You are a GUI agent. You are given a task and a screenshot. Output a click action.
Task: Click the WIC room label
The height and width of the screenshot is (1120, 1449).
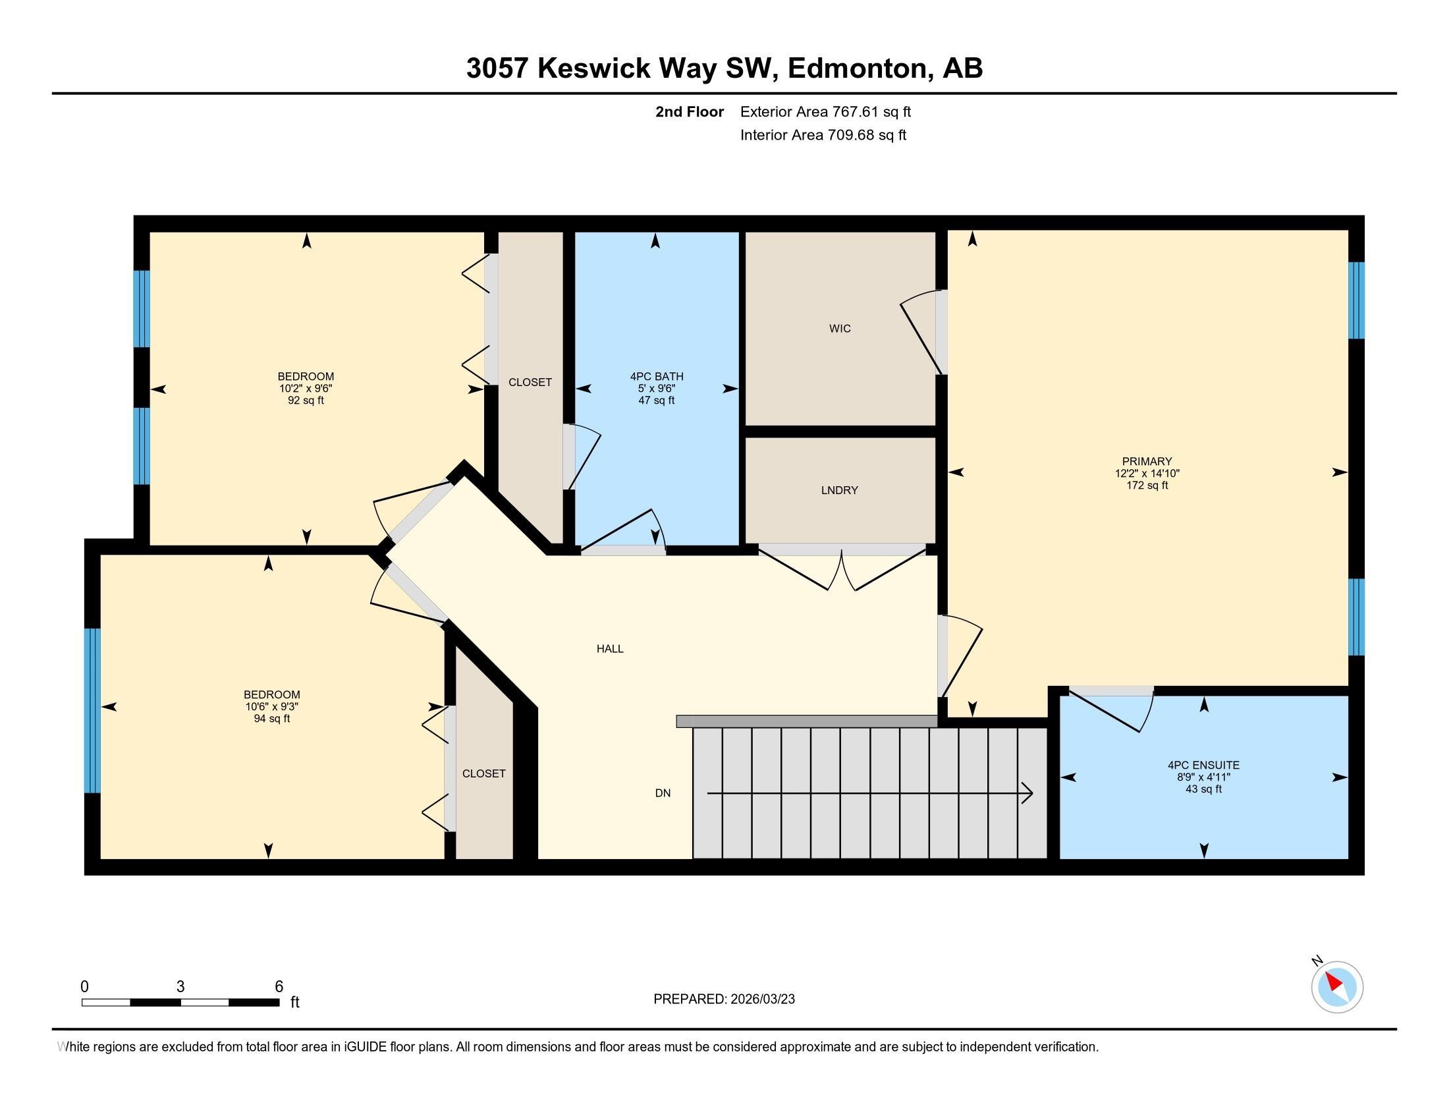click(x=839, y=329)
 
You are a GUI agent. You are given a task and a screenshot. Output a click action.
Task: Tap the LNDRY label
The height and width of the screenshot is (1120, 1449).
click(x=839, y=490)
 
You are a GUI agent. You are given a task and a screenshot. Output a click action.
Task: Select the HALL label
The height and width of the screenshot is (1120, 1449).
click(x=610, y=649)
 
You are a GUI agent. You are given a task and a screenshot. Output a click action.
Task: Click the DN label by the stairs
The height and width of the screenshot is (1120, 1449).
click(x=663, y=793)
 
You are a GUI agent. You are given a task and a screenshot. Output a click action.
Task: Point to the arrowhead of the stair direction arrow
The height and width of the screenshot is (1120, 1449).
click(x=1027, y=793)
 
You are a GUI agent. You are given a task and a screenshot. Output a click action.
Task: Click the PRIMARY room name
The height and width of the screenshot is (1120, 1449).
click(x=1147, y=461)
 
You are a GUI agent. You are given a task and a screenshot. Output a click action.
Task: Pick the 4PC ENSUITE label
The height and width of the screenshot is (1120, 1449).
click(x=1203, y=765)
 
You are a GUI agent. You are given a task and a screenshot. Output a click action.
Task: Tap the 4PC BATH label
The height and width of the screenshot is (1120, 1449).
click(x=657, y=377)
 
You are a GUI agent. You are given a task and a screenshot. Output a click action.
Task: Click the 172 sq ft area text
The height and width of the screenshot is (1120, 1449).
click(x=1147, y=485)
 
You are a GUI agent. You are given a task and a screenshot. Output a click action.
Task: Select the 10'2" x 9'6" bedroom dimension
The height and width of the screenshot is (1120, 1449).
click(x=306, y=389)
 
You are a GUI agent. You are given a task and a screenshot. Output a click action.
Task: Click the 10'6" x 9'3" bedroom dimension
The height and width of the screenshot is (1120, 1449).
click(x=272, y=707)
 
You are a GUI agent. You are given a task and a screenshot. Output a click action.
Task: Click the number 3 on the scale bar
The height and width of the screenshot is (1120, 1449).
click(x=180, y=987)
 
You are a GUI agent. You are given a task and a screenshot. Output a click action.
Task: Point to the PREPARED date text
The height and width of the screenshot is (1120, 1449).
click(x=724, y=999)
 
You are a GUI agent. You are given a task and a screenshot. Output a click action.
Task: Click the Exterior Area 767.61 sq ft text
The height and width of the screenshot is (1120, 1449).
click(x=825, y=111)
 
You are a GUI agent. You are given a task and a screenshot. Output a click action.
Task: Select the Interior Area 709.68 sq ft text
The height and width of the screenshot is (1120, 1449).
click(x=823, y=135)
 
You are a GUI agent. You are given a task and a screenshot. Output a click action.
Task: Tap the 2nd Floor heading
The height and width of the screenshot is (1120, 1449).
click(x=690, y=111)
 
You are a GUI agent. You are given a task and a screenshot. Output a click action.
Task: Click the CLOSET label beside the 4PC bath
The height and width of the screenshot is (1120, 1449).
click(x=530, y=382)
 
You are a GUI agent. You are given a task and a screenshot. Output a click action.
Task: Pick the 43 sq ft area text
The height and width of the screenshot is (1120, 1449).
click(x=1203, y=789)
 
